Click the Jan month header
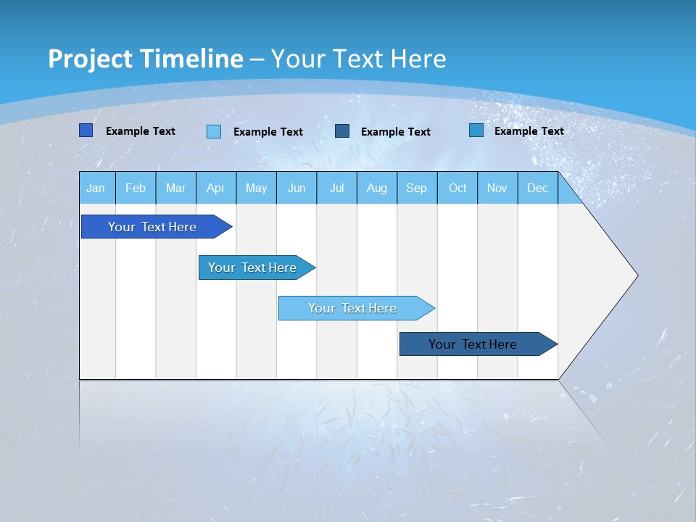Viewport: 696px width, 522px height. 96,188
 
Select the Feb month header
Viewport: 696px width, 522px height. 136,188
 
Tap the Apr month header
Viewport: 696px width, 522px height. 216,188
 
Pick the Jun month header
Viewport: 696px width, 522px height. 297,188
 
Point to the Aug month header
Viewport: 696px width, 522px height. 377,188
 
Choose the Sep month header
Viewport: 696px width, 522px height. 417,188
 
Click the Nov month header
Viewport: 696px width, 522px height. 497,188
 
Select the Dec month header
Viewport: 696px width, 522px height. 538,188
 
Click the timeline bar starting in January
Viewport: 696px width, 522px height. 152,227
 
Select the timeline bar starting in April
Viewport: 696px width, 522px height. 252,268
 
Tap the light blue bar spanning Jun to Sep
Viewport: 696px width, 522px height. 352,308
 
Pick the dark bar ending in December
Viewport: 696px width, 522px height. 473,344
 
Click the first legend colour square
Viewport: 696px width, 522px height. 86,130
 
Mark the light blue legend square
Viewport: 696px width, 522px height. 214,131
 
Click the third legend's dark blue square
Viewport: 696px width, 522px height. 342,131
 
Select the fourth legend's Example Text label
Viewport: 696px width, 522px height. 529,131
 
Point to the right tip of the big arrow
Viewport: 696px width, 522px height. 636,275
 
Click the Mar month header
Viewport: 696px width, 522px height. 175,188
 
